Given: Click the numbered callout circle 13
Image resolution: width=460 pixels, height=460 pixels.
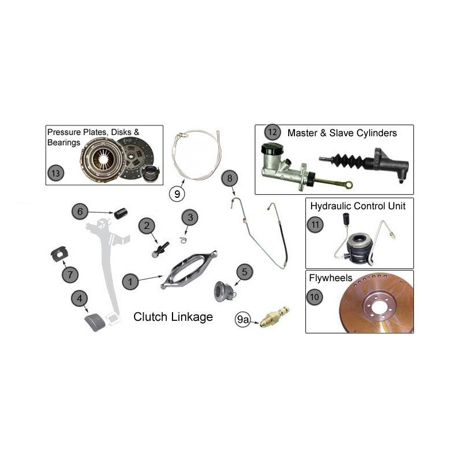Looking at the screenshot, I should pyautogui.click(x=55, y=172).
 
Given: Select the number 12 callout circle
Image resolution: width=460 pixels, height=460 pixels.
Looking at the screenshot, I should pyautogui.click(x=272, y=133).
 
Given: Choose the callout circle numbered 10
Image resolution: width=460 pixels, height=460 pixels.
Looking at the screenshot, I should pyautogui.click(x=315, y=297).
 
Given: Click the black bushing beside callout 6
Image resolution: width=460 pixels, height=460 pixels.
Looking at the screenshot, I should pyautogui.click(x=120, y=214).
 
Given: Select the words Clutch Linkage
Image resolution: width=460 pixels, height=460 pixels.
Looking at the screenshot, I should pyautogui.click(x=173, y=317).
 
